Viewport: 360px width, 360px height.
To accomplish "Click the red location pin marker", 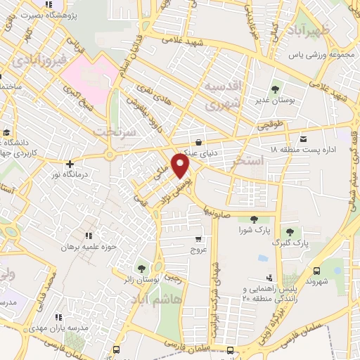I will click(181, 166).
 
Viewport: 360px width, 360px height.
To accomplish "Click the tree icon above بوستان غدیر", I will click(275, 89).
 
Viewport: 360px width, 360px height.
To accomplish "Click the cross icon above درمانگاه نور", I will click(70, 164).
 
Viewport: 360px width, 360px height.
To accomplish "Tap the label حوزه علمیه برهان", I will click(86, 247).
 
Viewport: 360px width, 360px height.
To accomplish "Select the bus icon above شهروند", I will click(316, 270).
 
